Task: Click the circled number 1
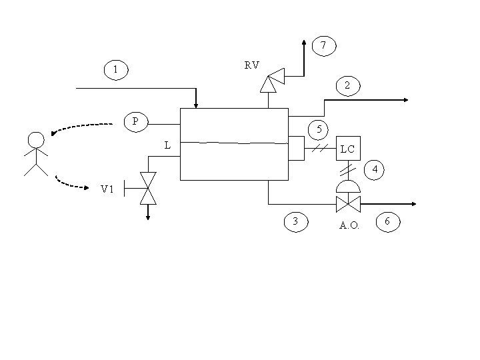pyautogui.click(x=116, y=69)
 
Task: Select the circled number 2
pyautogui.click(x=347, y=85)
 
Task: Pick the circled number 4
pyautogui.click(x=375, y=170)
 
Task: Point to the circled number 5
pyautogui.click(x=319, y=129)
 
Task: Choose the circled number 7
pyautogui.click(x=323, y=46)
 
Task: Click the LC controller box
pyautogui.click(x=347, y=149)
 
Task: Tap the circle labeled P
pyautogui.click(x=136, y=121)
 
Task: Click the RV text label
pyautogui.click(x=251, y=65)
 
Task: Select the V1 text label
pyautogui.click(x=107, y=189)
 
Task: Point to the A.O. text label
pyautogui.click(x=349, y=226)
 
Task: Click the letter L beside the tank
pyautogui.click(x=167, y=145)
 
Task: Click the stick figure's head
pyautogui.click(x=36, y=140)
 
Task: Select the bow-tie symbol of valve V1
pyautogui.click(x=147, y=188)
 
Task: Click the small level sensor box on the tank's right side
pyautogui.click(x=295, y=149)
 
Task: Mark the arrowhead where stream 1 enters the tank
pyautogui.click(x=195, y=104)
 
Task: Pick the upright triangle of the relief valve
pyautogui.click(x=268, y=85)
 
